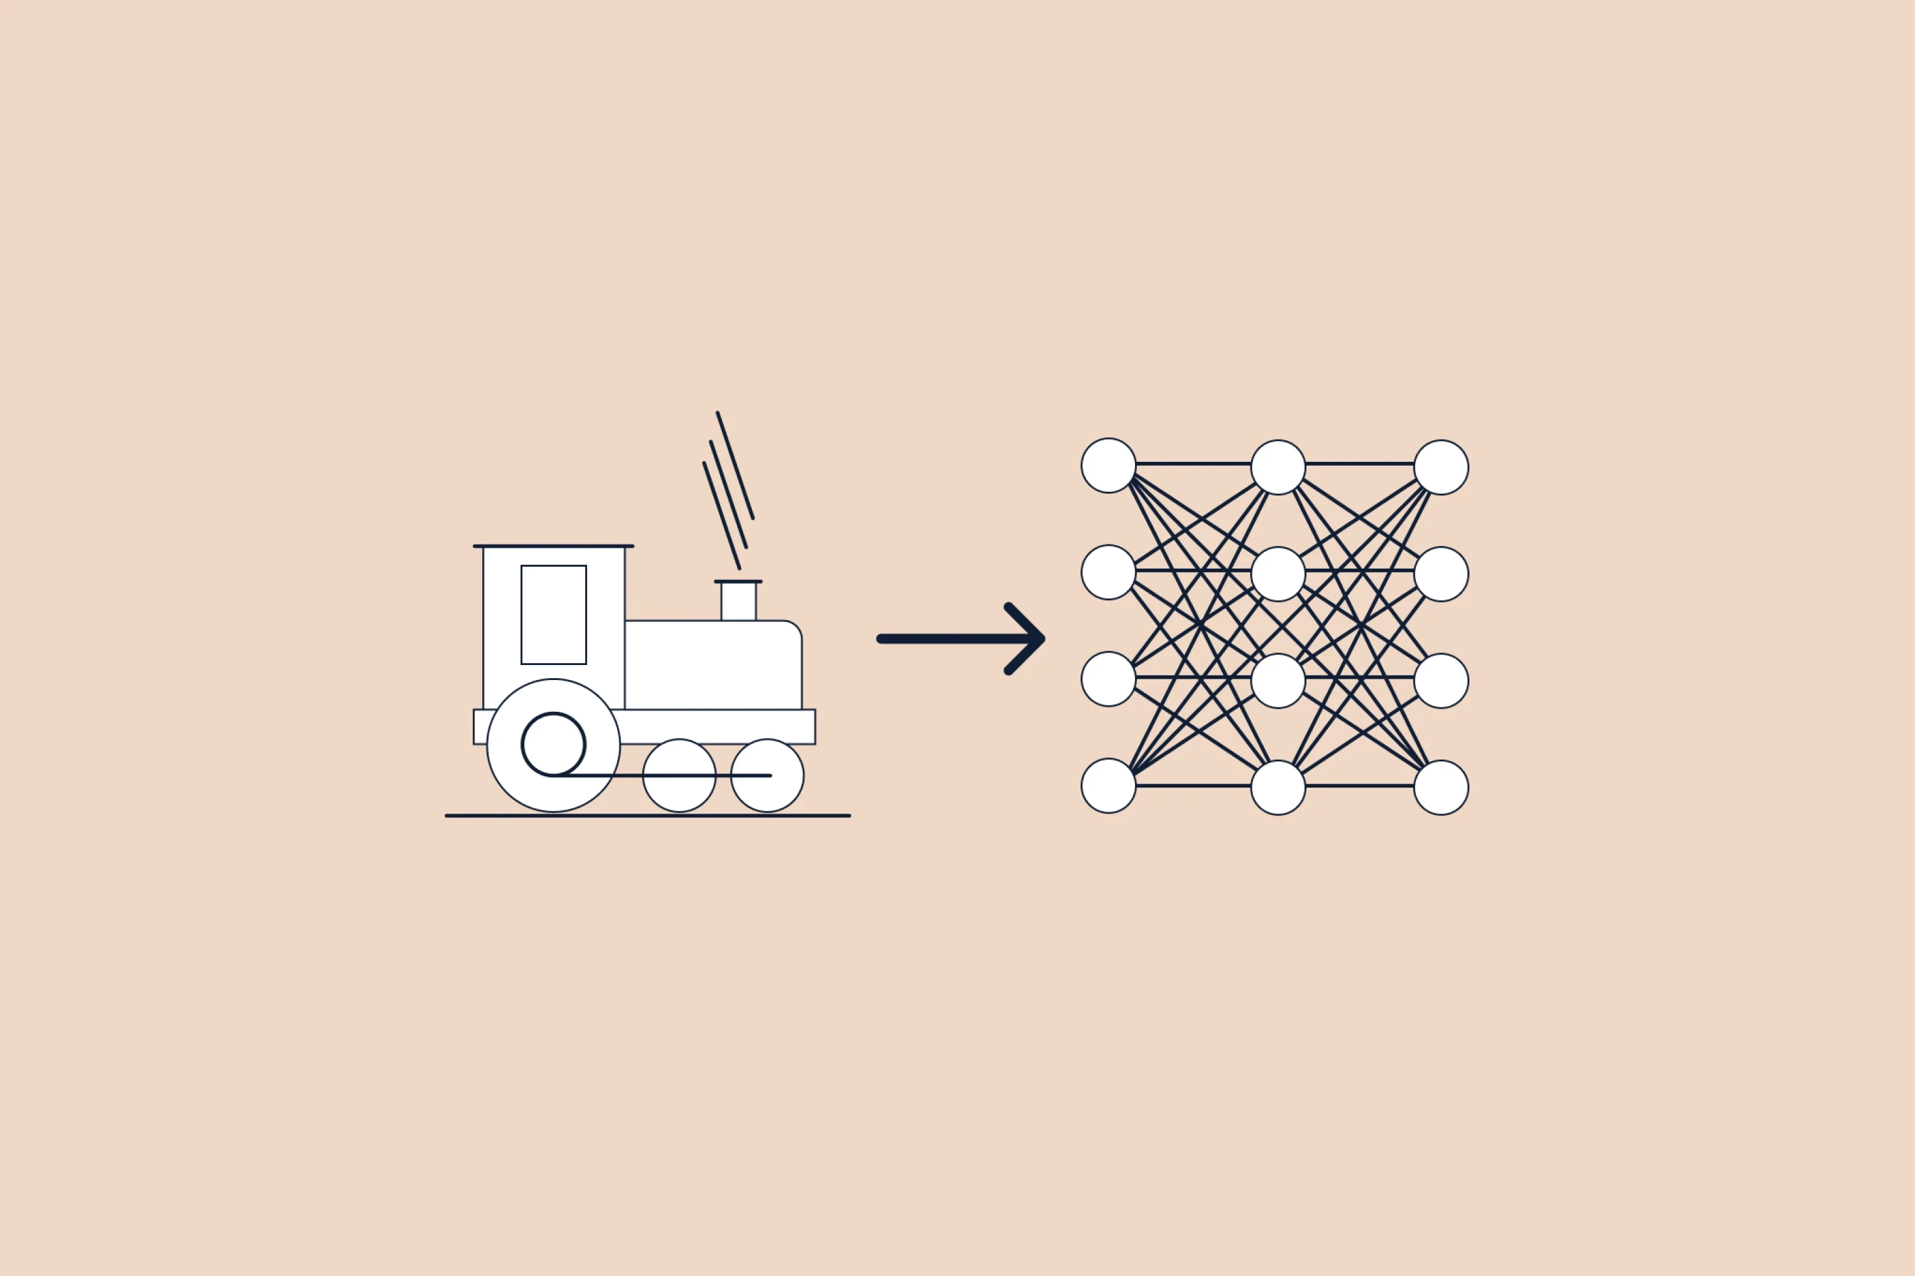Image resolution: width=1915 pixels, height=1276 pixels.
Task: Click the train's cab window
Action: tap(553, 614)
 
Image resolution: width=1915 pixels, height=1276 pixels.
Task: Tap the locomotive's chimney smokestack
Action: tap(738, 601)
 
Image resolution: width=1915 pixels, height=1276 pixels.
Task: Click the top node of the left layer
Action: tap(1108, 466)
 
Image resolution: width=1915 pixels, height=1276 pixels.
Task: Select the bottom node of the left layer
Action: tap(1108, 786)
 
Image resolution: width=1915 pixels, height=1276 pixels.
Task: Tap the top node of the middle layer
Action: tap(1278, 467)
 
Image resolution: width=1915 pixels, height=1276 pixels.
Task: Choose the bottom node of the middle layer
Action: tap(1278, 787)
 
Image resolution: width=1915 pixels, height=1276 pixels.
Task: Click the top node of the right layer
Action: tap(1441, 467)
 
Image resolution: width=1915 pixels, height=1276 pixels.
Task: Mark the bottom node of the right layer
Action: tap(1441, 787)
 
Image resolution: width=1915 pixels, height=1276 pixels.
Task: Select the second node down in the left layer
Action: tap(1108, 572)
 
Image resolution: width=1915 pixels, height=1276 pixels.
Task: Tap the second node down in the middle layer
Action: tap(1278, 574)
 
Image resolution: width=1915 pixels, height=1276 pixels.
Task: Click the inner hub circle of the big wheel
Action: tap(553, 744)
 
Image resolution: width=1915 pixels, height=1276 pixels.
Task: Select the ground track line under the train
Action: tap(648, 815)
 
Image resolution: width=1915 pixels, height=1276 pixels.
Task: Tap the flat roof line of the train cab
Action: tap(553, 546)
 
